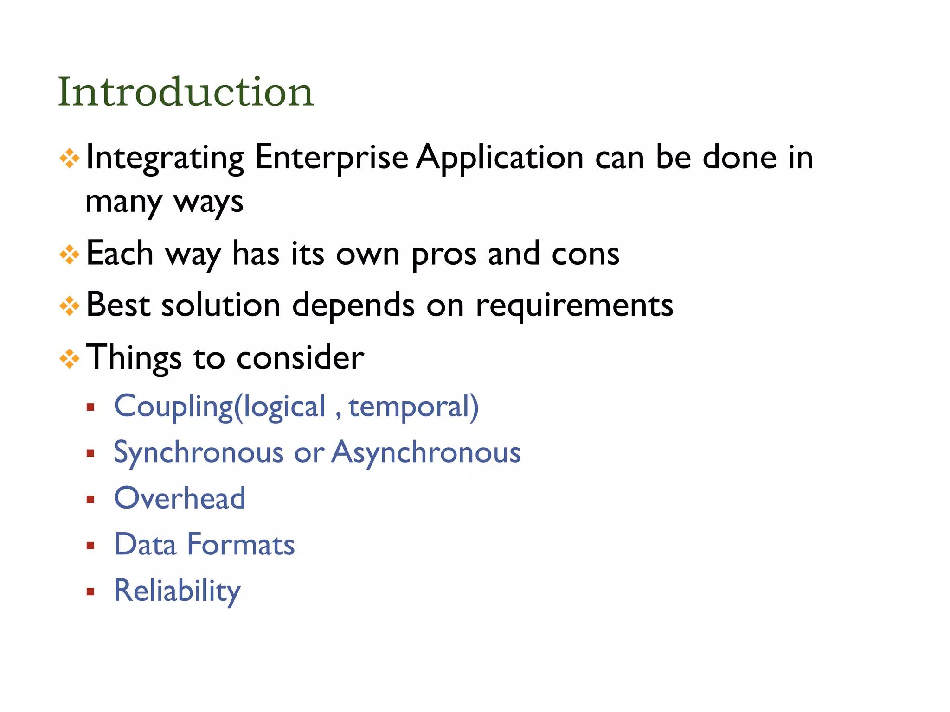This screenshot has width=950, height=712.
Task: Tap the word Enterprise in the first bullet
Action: tap(331, 158)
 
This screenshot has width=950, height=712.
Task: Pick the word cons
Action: tap(585, 254)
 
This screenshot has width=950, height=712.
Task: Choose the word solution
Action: tap(221, 305)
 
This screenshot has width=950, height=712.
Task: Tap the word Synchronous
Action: tap(199, 452)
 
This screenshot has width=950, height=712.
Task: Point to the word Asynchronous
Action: tap(426, 452)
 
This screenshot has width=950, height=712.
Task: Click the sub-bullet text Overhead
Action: tap(180, 498)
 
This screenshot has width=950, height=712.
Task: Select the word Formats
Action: tap(241, 544)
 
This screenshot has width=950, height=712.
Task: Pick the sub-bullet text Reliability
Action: tap(177, 591)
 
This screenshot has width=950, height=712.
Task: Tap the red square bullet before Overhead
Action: tap(90, 500)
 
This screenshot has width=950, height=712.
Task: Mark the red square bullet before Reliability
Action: tap(90, 592)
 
